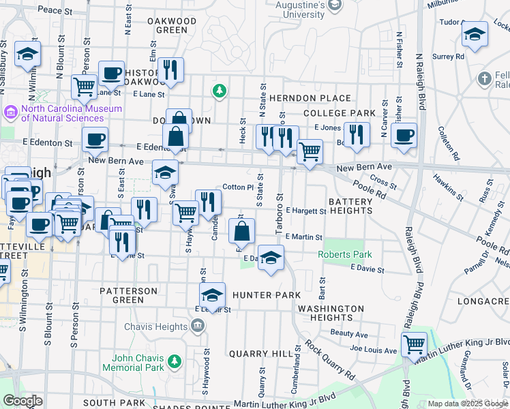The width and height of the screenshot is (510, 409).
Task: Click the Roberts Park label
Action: [345, 255]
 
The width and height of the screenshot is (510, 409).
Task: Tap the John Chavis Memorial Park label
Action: [133, 363]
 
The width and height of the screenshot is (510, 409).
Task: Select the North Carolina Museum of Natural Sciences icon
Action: [12, 110]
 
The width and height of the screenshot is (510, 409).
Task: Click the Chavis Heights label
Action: [155, 327]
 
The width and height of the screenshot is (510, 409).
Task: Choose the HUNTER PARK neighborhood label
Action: [266, 295]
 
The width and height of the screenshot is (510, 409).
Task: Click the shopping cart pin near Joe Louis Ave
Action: [414, 344]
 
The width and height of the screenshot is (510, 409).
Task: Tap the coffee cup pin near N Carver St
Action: [404, 135]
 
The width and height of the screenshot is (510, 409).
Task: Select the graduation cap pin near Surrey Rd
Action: [475, 34]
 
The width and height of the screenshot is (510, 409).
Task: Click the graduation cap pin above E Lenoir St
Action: [212, 295]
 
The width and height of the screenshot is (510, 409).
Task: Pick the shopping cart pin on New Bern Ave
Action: [310, 152]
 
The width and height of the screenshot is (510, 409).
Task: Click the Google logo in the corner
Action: [22, 401]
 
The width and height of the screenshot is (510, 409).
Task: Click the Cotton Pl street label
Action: [239, 187]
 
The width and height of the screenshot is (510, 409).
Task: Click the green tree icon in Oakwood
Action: [219, 91]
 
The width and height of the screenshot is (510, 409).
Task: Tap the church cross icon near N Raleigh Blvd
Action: [485, 78]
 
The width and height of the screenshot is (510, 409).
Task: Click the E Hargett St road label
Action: [306, 211]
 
